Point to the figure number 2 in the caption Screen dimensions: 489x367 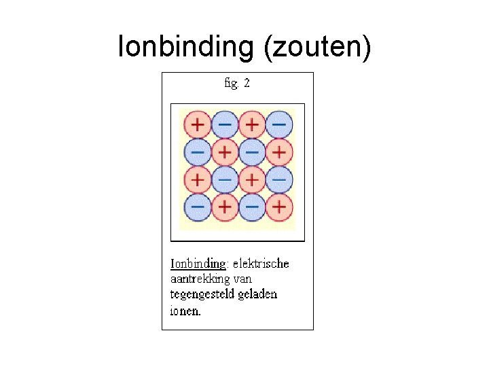pos(247,84)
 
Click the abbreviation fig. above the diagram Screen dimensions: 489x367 pos(231,84)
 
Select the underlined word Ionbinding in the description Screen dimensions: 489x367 pos(198,263)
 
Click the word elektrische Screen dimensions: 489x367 pos(261,263)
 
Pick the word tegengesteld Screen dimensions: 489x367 pos(203,295)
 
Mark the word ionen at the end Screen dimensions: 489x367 pos(185,311)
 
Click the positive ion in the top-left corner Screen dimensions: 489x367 pos(198,125)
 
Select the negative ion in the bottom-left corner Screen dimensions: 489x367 pos(198,206)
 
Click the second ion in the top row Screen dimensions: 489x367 pos(225,125)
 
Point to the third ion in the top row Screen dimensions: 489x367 pos(252,125)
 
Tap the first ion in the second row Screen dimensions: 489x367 pos(198,152)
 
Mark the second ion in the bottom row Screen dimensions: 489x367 pos(225,206)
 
